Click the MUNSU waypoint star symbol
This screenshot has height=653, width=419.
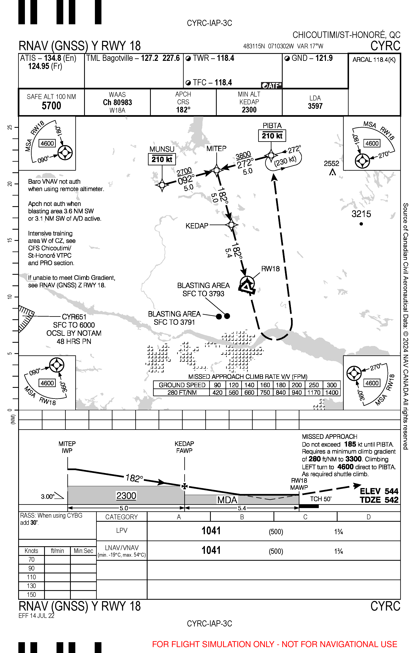click(162, 185)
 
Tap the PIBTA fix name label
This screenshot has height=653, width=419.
click(272, 126)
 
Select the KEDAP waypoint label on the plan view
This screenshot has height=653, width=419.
click(197, 226)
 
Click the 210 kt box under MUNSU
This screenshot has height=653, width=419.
click(162, 159)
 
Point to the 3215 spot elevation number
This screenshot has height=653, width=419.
click(361, 214)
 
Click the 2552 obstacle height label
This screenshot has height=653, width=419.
click(331, 164)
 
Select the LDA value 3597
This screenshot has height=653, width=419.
click(315, 106)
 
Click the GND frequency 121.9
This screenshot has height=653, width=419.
click(324, 58)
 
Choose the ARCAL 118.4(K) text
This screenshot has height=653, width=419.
click(374, 60)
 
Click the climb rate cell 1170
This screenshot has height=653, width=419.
click(314, 393)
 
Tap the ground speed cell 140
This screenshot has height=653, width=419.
click(249, 385)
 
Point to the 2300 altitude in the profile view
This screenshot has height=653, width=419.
click(126, 496)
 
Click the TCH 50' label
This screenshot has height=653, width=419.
click(321, 499)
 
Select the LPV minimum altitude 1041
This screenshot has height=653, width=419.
click(211, 531)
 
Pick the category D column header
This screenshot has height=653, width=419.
click(368, 517)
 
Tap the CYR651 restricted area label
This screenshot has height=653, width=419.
click(74, 317)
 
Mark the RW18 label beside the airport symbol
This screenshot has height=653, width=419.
click(270, 269)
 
